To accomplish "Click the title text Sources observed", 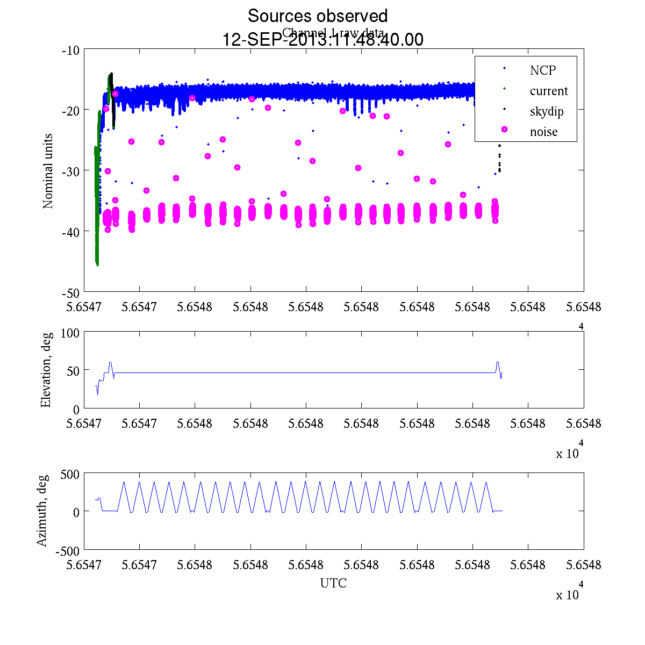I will click(317, 16).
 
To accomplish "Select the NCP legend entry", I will click(542, 70).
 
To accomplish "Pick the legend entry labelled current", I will click(548, 91).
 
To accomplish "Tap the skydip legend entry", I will click(546, 111).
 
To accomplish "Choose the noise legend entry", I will click(543, 132).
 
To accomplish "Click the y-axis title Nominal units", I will click(48, 171).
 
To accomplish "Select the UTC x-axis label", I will click(333, 583).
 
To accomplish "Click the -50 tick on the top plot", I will click(71, 293).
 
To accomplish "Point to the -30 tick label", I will click(71, 171).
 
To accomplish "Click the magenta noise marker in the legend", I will click(504, 130).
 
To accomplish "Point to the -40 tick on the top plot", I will click(71, 232).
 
